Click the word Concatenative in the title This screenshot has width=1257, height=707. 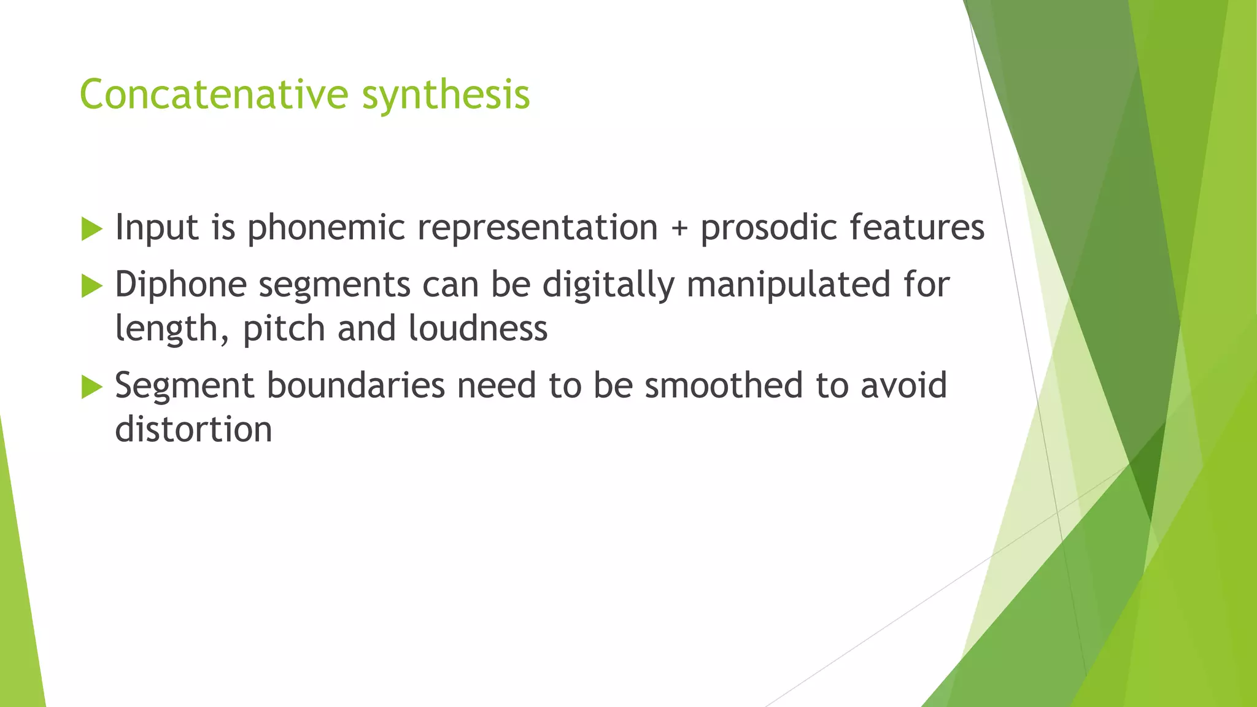tap(214, 95)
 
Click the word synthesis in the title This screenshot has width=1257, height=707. tap(446, 96)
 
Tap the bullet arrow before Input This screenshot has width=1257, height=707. tap(91, 230)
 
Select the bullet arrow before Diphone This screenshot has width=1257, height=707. tap(91, 286)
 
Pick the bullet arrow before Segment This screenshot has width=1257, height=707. tap(91, 387)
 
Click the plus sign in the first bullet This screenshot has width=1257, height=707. tap(679, 228)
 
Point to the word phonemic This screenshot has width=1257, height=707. tap(326, 228)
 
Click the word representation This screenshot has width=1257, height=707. tap(538, 228)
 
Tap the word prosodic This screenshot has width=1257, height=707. tap(769, 228)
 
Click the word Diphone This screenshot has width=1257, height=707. tap(180, 285)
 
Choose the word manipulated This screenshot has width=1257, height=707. tap(788, 285)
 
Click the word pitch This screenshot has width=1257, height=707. tap(284, 330)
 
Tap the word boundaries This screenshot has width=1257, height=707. tap(356, 386)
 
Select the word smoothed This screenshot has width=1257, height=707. tap(723, 386)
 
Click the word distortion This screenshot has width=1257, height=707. tap(193, 430)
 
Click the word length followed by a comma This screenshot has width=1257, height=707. tap(172, 330)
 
